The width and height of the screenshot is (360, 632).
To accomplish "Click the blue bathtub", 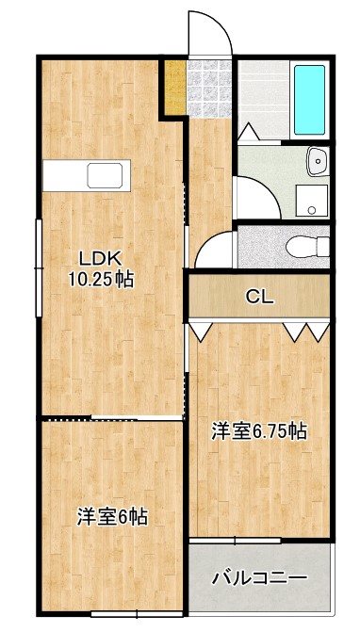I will coord(309,99).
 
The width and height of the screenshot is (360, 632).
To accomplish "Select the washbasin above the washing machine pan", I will coord(316,161).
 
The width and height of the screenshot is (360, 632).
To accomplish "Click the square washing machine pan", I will coord(310,198).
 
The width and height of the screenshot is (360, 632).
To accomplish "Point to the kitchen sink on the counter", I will coord(103,176).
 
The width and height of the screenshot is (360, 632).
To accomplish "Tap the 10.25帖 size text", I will coord(98,279).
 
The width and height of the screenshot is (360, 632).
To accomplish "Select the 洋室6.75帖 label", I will coord(257,431).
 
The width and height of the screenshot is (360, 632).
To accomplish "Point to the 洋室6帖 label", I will coord(111,516).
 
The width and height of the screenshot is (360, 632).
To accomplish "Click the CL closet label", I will coord(260,297).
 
